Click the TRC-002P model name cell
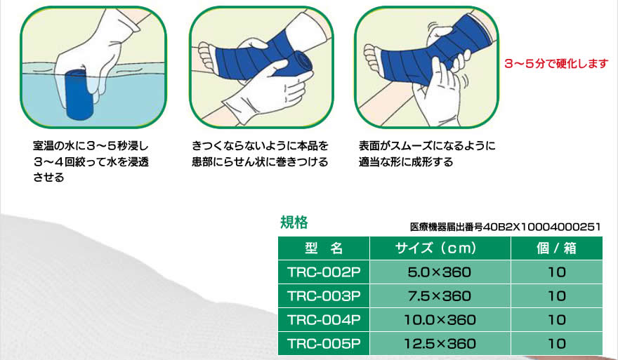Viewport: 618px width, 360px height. click(324, 272)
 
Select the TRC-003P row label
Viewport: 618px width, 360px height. click(324, 296)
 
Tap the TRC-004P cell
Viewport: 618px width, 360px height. click(324, 319)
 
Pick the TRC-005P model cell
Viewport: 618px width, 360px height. click(324, 343)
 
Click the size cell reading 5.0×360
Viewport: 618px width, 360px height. click(440, 272)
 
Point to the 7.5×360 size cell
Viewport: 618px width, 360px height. click(440, 296)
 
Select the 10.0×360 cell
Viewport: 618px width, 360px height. click(440, 319)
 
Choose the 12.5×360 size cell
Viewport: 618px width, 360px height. click(440, 343)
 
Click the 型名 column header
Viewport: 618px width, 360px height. click(324, 248)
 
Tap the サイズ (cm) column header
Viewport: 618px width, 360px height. click(440, 248)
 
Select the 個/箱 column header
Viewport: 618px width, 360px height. click(556, 248)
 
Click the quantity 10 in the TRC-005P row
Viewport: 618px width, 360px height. click(556, 343)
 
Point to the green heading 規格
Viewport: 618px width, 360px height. click(294, 222)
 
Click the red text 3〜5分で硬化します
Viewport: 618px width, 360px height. click(556, 63)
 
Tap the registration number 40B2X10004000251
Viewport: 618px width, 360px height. click(542, 227)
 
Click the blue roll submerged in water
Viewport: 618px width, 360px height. click(79, 95)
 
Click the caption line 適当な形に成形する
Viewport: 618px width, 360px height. click(406, 162)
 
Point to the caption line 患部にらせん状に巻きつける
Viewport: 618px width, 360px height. click(260, 162)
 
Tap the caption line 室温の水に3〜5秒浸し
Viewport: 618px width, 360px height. click(91, 146)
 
